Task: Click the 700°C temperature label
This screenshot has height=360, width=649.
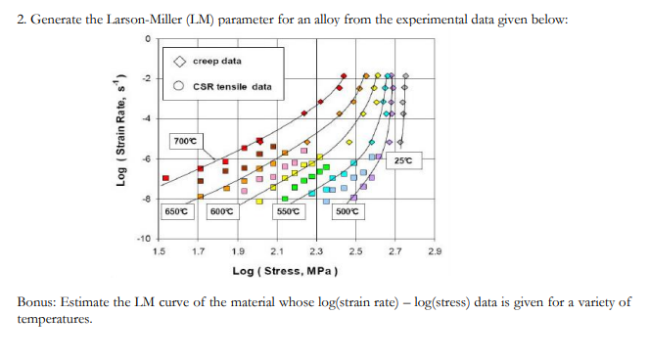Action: click(185, 141)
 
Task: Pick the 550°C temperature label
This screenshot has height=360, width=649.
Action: click(289, 211)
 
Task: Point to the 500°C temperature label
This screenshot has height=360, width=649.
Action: click(348, 211)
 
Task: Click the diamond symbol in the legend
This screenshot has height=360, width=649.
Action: click(179, 61)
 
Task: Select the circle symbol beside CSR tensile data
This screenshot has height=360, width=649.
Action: click(179, 86)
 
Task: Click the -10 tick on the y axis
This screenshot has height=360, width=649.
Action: click(143, 239)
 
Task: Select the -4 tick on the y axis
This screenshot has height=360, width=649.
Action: click(146, 118)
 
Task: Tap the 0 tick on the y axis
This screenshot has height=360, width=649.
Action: click(147, 38)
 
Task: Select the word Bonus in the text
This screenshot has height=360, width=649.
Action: click(38, 301)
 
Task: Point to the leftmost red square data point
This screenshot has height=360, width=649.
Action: click(165, 178)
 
